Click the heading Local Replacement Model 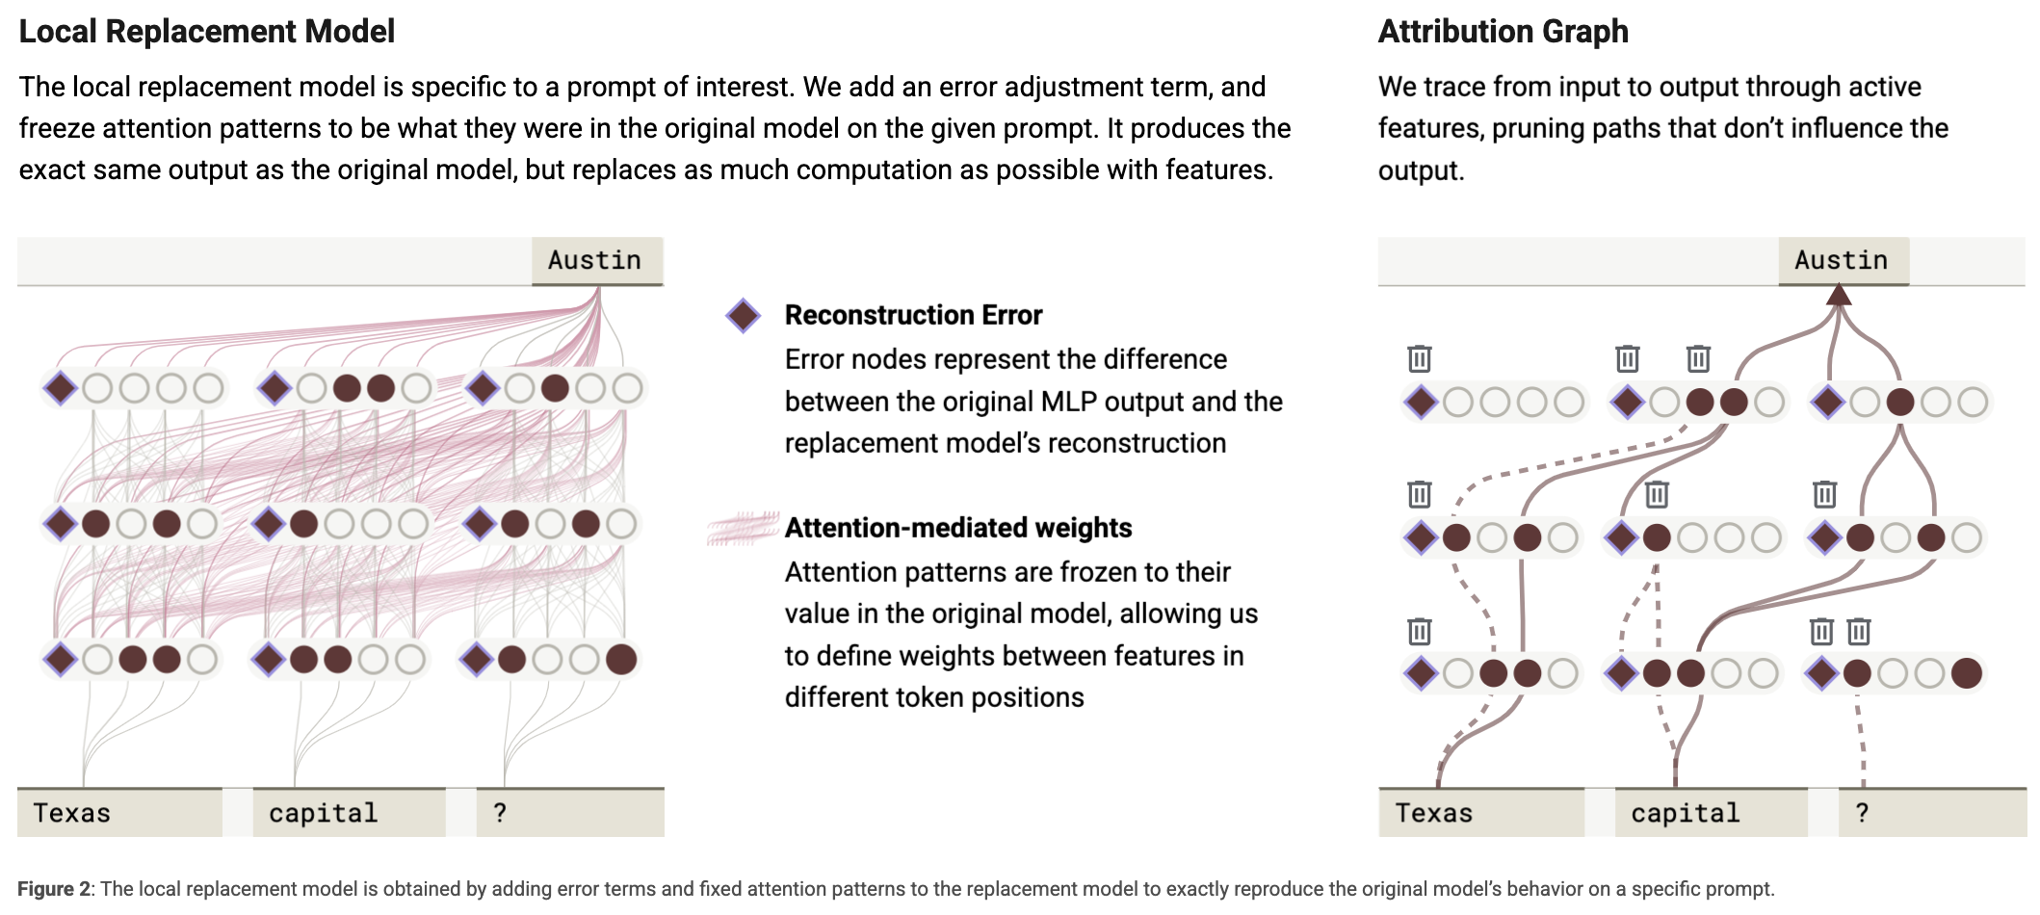(x=207, y=32)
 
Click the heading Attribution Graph (x=1504, y=32)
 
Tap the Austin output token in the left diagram (x=596, y=260)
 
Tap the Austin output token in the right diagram (x=1843, y=260)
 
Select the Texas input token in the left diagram (x=119, y=813)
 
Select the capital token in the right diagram (x=1711, y=813)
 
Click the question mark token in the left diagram (x=569, y=813)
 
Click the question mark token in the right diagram (x=1932, y=813)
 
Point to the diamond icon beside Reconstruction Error (x=744, y=315)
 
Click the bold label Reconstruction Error (x=913, y=315)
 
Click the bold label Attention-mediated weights (x=958, y=528)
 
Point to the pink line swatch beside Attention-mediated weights (x=743, y=528)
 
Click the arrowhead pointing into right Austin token (x=1839, y=294)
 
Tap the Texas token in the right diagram (x=1481, y=813)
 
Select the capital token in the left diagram (x=350, y=813)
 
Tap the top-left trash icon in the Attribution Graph (x=1420, y=359)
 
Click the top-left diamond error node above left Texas (x=61, y=388)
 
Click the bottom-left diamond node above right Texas (x=1422, y=672)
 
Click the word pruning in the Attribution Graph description (x=1546, y=129)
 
